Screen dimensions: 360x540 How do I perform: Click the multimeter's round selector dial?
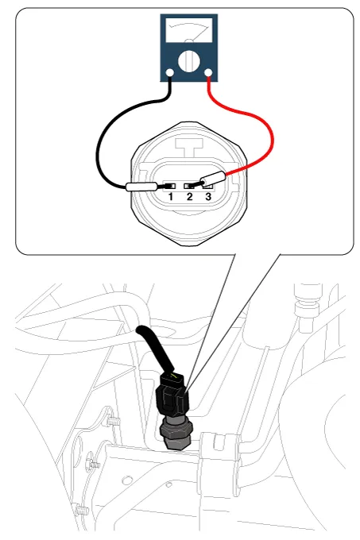coord(189,62)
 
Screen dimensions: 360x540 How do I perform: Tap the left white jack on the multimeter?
coord(170,73)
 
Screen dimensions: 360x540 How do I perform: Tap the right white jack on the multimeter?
coord(208,73)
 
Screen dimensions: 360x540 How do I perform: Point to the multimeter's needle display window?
coord(189,30)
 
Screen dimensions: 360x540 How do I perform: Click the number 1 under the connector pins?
coord(171,197)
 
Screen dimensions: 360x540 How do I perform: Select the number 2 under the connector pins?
coord(189,197)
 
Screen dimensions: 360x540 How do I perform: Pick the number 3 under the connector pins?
coord(208,197)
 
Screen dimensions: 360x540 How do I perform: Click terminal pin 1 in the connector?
coord(169,186)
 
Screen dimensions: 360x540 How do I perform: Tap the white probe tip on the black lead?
coord(142,187)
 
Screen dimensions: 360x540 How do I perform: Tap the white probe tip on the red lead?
coord(213,179)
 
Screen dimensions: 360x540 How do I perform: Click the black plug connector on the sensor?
coord(172,394)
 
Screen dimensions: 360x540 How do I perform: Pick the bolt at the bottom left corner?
coord(81,510)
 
